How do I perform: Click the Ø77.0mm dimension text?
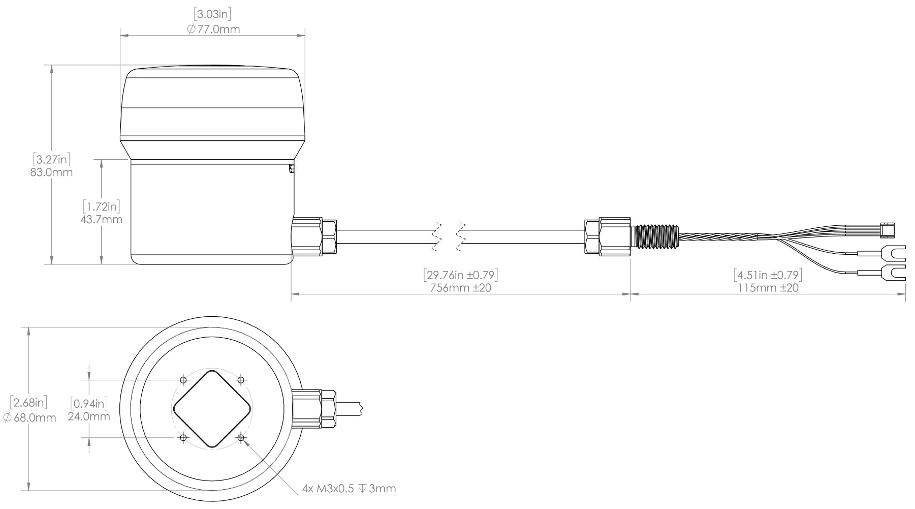coord(213,29)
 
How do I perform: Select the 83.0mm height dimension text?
coord(51,172)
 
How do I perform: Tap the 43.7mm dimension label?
coord(101,220)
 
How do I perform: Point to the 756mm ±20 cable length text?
coord(460,288)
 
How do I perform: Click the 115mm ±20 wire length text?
coord(768,288)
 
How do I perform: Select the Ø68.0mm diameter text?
coord(29,418)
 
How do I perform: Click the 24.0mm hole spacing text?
coord(89,417)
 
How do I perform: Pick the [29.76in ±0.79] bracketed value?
coord(460,275)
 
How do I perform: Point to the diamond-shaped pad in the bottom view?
coord(212,409)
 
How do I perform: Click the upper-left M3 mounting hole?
coord(183,380)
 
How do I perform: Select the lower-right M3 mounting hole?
coord(241,438)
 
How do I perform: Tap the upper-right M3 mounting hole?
coord(241,380)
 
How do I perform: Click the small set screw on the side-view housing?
coord(291,168)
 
